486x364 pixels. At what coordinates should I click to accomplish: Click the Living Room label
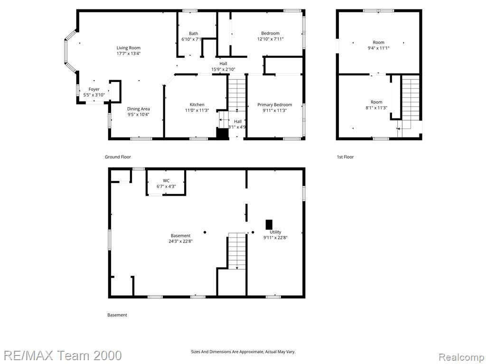(128, 48)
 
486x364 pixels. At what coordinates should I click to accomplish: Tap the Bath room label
(194, 34)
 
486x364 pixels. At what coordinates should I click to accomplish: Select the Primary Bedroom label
(275, 105)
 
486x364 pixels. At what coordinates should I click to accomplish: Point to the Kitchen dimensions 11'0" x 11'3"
(197, 110)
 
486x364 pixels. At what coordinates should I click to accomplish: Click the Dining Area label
(138, 109)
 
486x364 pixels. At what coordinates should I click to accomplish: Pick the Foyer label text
(94, 89)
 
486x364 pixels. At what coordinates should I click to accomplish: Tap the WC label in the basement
(166, 181)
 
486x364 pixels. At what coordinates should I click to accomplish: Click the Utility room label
(275, 232)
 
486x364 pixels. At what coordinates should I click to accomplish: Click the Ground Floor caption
(118, 157)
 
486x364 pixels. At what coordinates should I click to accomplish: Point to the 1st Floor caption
(346, 157)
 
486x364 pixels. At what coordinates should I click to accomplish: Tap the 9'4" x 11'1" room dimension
(378, 48)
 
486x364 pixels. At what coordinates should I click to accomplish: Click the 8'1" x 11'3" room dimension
(376, 108)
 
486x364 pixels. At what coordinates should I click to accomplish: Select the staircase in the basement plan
(237, 251)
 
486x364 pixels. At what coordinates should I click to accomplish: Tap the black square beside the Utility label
(269, 225)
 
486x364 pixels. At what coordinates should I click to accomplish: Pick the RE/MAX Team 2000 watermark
(63, 355)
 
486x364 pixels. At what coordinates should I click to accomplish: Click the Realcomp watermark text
(461, 357)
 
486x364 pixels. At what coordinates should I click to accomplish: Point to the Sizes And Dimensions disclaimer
(243, 352)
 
